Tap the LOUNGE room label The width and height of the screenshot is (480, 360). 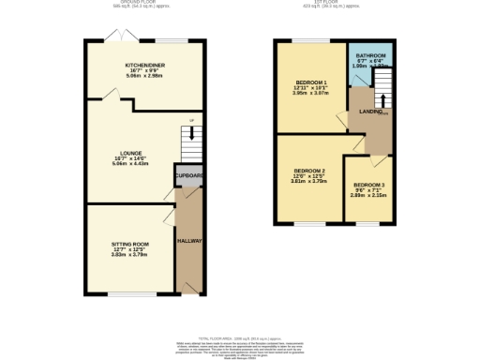coord(130,151)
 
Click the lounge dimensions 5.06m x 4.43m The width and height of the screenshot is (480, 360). coord(130,163)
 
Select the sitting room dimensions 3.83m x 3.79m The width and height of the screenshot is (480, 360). coord(130,253)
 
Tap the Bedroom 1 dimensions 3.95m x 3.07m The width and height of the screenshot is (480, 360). coord(311,94)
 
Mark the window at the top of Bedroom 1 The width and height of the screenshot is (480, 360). coord(304,40)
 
